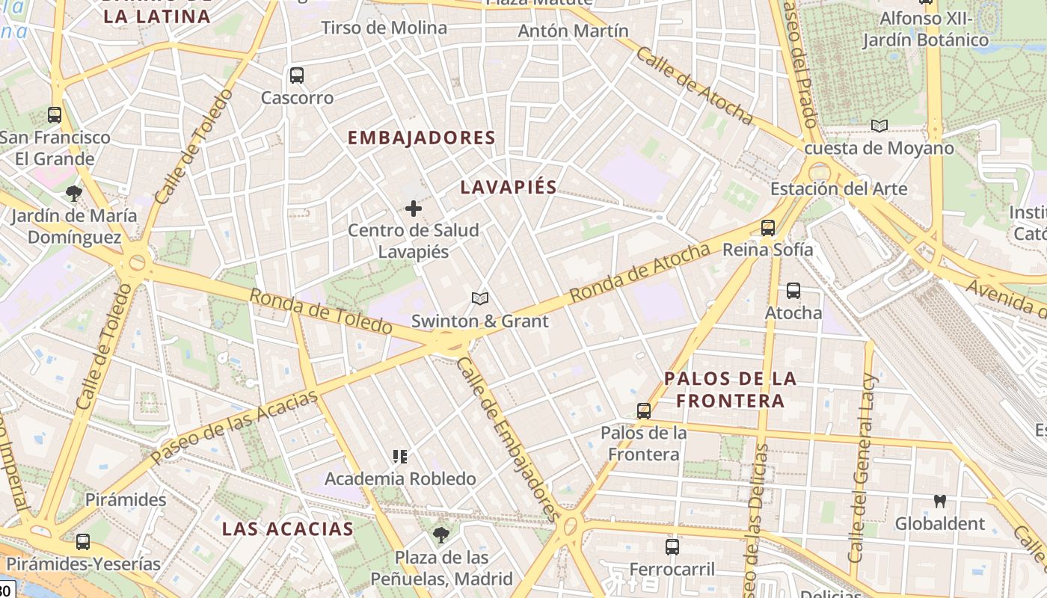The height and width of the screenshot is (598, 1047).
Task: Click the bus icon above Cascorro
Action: tap(297, 75)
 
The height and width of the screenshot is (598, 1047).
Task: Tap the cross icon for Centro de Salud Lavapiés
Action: tap(413, 209)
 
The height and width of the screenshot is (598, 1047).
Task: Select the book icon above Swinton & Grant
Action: tap(480, 299)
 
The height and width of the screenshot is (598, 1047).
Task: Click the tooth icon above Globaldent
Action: tap(940, 501)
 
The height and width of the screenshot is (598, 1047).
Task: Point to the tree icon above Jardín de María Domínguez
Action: tap(73, 194)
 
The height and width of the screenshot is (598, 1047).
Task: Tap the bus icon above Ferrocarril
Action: tap(672, 547)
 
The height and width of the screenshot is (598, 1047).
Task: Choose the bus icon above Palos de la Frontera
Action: tap(644, 410)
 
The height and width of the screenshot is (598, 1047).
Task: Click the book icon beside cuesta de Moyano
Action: tap(879, 126)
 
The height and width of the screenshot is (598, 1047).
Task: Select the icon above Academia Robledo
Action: tap(400, 456)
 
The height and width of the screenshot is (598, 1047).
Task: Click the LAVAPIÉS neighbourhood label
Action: tap(509, 187)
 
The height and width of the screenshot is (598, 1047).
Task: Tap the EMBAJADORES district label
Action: tap(422, 138)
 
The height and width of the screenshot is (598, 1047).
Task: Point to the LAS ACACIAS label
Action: tap(288, 528)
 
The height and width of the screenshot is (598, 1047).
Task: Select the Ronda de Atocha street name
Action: tap(639, 273)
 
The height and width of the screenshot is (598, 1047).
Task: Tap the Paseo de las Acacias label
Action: tap(234, 427)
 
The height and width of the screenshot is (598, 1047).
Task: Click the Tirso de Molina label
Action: tap(384, 28)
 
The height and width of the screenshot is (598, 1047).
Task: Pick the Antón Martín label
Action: tap(573, 31)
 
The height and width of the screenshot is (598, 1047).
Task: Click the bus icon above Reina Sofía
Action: tap(767, 228)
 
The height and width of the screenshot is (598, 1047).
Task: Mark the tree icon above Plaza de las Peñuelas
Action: tap(441, 534)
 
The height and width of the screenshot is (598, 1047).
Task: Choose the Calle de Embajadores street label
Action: tap(508, 439)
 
